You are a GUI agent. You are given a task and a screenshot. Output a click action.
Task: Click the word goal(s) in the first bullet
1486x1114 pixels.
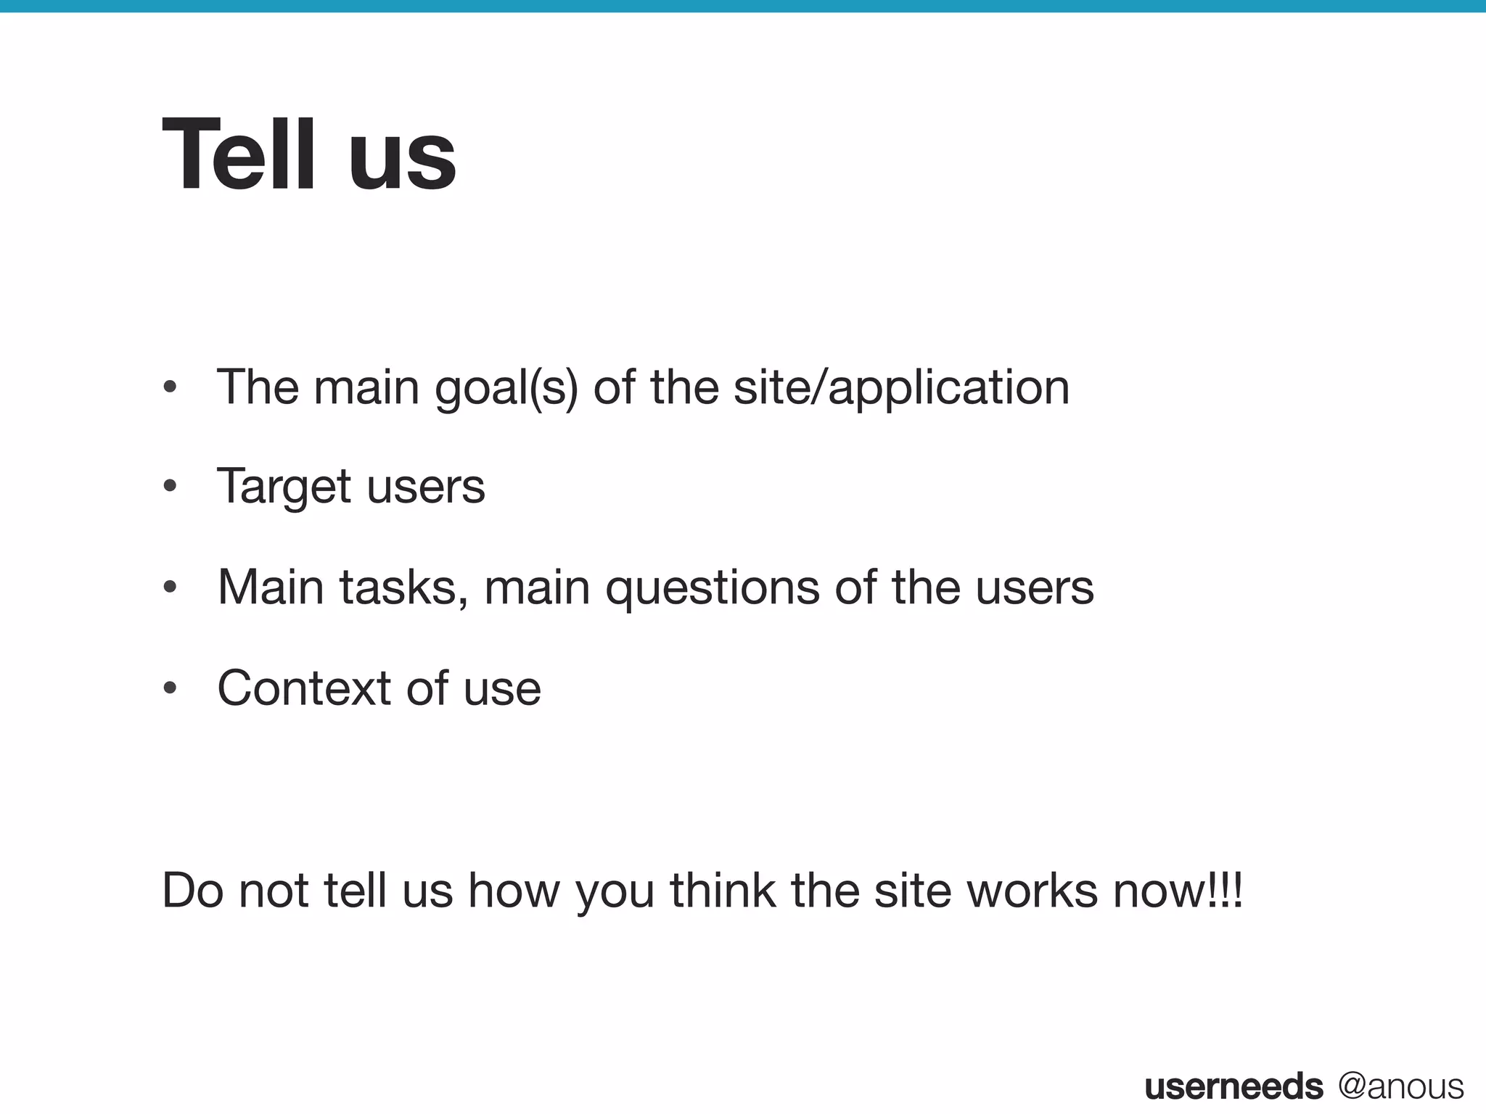pyautogui.click(x=506, y=389)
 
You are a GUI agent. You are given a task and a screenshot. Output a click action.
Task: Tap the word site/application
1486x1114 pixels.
pyautogui.click(x=901, y=389)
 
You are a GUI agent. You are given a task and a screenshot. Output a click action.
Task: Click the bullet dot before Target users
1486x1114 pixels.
pyautogui.click(x=170, y=486)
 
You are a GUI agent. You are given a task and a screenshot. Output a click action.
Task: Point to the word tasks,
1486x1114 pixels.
pyautogui.click(x=403, y=587)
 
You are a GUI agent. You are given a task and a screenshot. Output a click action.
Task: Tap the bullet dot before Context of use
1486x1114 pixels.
pyautogui.click(x=170, y=688)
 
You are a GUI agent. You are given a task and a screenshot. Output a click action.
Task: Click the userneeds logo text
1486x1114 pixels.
pyautogui.click(x=1233, y=1086)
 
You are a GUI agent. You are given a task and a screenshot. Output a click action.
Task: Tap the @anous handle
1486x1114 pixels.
pyautogui.click(x=1400, y=1086)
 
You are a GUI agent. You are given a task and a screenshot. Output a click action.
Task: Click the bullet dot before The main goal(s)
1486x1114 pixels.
pyautogui.click(x=170, y=387)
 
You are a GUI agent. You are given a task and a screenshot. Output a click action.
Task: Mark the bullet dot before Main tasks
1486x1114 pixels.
pyautogui.click(x=170, y=587)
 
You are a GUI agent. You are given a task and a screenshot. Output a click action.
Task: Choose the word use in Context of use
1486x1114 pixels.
pyautogui.click(x=502, y=689)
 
